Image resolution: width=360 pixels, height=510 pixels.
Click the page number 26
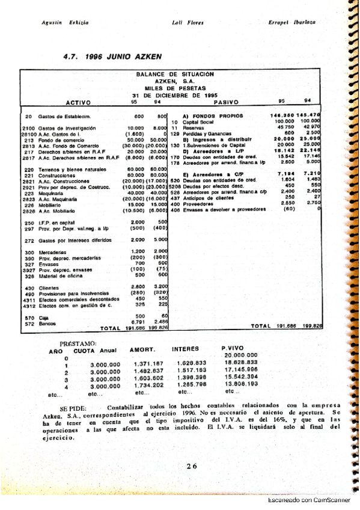192,465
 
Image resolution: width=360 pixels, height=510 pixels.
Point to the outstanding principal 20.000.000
240,355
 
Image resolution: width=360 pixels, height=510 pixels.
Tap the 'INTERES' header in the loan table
185,348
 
